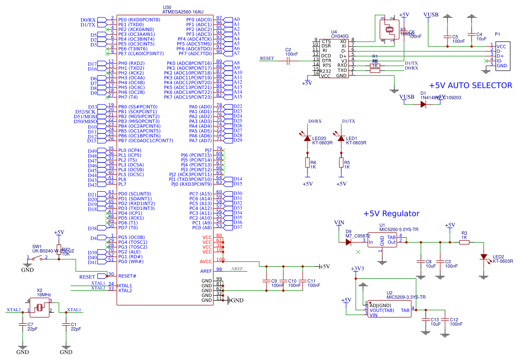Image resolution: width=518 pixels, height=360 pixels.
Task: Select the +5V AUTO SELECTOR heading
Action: pos(470,86)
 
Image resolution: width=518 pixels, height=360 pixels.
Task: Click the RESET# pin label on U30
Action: pos(127,276)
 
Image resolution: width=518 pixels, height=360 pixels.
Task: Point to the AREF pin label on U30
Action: pos(206,271)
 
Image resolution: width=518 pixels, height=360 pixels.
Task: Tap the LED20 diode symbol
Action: pos(307,139)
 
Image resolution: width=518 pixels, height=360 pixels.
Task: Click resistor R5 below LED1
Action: pos(341,162)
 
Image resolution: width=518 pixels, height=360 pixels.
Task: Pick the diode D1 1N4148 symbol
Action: pos(423,105)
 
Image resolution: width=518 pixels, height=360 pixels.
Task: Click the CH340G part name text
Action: pos(340,36)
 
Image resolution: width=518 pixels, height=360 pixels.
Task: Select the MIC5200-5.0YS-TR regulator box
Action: pos(382,240)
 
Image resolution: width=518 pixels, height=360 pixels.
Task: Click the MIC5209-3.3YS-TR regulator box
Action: pos(389,309)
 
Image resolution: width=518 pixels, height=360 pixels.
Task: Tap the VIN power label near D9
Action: pos(339,223)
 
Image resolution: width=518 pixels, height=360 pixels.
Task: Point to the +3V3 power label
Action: pos(357,269)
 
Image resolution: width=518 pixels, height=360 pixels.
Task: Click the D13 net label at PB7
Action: pos(92,141)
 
